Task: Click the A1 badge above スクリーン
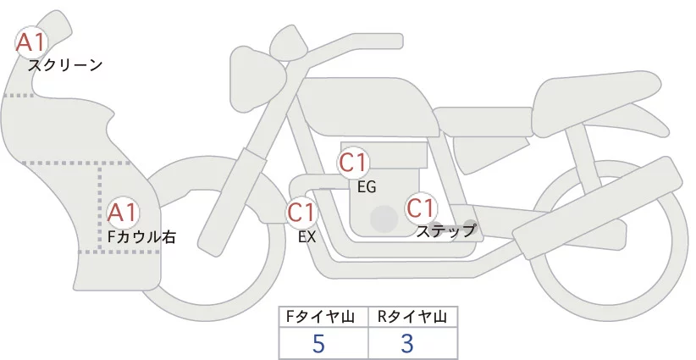pos(32,42)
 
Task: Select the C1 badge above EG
pos(354,163)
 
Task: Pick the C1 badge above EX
pos(302,212)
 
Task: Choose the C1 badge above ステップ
pos(421,208)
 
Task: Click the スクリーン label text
pos(64,65)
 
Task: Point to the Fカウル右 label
pos(141,237)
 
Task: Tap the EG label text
pos(367,186)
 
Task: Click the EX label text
pos(307,238)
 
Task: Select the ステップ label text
pos(445,230)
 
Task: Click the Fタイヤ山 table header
pos(323,317)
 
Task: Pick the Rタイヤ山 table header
pos(412,317)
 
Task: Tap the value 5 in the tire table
pos(318,344)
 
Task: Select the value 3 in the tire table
pos(407,344)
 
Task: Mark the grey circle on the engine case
pos(384,219)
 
